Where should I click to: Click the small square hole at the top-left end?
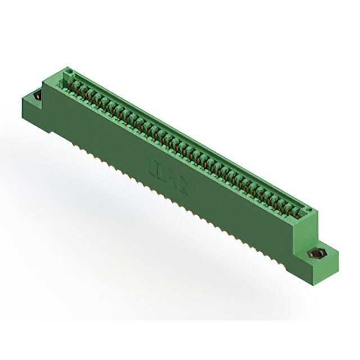tap(70, 72)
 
